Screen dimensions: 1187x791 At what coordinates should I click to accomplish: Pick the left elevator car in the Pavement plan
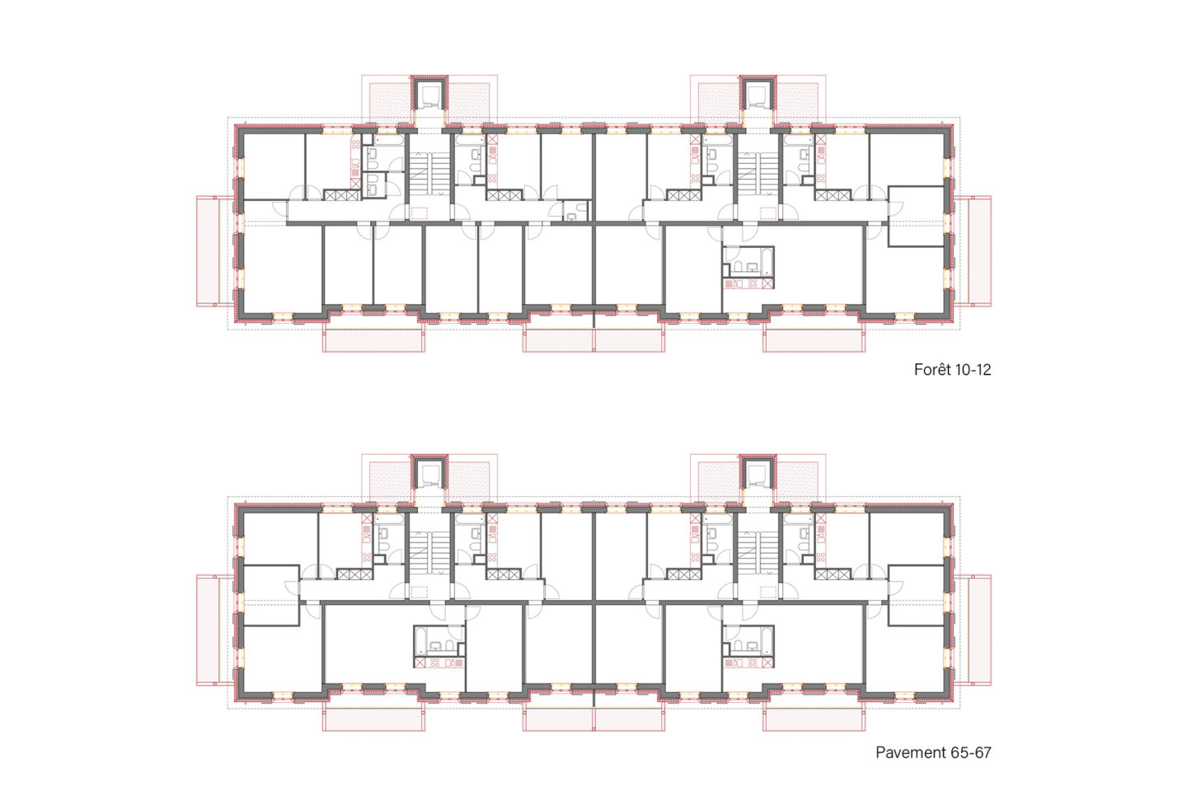429,475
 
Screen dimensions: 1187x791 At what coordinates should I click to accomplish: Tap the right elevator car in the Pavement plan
758,475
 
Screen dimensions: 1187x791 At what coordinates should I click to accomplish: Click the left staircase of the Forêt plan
429,173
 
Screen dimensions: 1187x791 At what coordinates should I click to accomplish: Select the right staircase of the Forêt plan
758,173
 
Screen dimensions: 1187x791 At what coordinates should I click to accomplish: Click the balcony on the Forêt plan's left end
214,251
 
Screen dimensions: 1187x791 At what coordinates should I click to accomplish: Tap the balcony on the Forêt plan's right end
973,251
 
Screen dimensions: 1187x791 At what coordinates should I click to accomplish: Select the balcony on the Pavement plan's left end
214,630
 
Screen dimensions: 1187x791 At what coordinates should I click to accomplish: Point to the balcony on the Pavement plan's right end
973,630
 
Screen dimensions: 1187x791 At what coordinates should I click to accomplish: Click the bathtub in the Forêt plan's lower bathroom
767,260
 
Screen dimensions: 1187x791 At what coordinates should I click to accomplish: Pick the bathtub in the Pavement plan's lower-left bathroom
420,640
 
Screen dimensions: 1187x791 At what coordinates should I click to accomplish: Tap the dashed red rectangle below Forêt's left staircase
419,213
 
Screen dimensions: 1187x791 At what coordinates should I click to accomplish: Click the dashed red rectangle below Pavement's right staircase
768,592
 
